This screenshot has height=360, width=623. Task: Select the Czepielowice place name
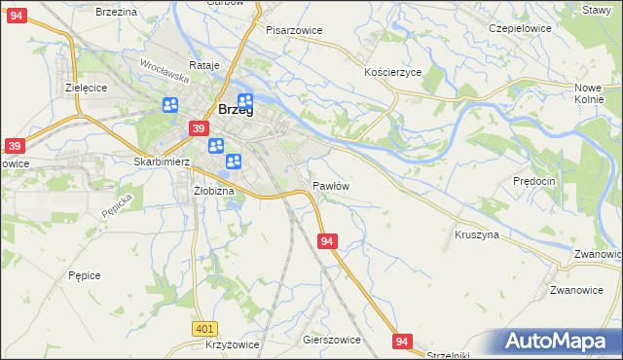click(x=520, y=29)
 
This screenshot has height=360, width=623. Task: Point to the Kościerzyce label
click(x=392, y=73)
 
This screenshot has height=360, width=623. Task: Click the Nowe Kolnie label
click(x=589, y=93)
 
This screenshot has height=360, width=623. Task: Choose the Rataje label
click(x=204, y=65)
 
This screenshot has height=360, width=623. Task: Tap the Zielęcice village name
click(x=86, y=87)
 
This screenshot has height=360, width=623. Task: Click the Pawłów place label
click(x=331, y=185)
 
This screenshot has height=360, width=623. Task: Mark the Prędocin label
click(x=534, y=181)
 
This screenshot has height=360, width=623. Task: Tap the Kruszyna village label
click(x=477, y=235)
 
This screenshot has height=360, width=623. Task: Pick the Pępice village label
click(x=85, y=275)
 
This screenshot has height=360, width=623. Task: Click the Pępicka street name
click(x=116, y=204)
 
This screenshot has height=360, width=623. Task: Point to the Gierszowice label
click(x=332, y=341)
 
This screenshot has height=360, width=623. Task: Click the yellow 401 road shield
click(x=203, y=330)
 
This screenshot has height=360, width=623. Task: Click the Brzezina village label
click(x=116, y=11)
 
